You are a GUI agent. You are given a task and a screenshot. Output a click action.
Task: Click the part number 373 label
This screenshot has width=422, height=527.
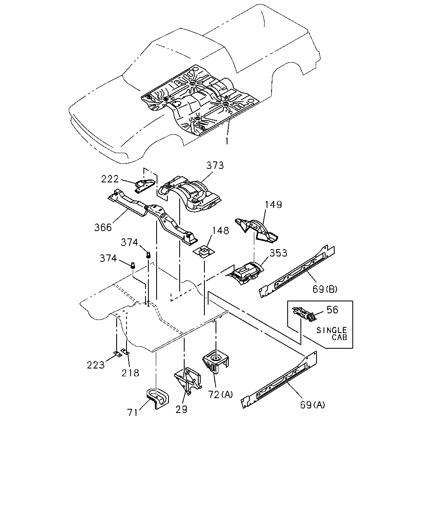pos(215,166)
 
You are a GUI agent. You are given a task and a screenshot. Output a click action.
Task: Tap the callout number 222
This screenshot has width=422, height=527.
pos(110,179)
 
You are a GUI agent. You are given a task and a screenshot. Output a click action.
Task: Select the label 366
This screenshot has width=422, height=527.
pos(103,228)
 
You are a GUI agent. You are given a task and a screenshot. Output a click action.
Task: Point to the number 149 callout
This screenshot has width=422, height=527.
pos(273,205)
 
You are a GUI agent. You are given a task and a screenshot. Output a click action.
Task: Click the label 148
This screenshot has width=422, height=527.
pos(220,231)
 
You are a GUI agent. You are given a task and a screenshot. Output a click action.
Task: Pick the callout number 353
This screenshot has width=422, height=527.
pos(278,253)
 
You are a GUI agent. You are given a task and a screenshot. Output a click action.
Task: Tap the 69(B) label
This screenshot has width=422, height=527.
pos(325,289)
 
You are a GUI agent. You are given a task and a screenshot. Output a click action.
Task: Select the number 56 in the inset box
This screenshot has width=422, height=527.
pos(333,310)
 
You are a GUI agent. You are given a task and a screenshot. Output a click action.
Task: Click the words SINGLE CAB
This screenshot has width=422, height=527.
pos(332,334)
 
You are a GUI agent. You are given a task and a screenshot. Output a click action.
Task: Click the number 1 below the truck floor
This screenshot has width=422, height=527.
pos(227,141)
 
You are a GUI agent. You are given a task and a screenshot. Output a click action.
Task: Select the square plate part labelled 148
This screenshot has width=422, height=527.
pos(203,252)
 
